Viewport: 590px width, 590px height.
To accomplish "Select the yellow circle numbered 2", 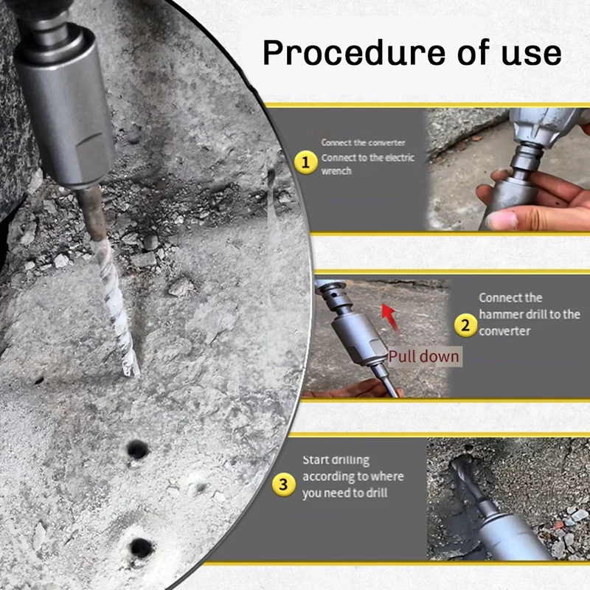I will pos(465,324).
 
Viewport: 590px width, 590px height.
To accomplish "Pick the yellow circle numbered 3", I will pos(284,485).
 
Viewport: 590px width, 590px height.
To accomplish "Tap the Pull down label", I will pos(423,357).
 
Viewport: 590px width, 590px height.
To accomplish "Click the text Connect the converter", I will pos(363,142).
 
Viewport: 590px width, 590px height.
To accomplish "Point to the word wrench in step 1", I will pos(336,171).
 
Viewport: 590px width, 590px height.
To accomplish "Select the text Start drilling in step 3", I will pos(336,460).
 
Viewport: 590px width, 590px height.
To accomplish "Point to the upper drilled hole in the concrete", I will pos(136,448).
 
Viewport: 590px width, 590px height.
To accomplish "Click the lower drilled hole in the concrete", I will pos(139,547).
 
